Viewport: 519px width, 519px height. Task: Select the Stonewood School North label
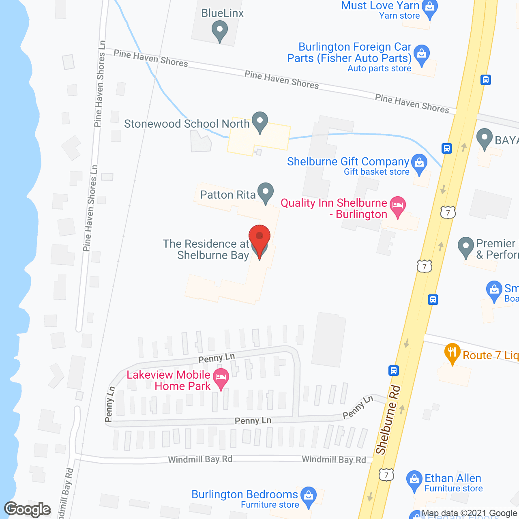coord(187,124)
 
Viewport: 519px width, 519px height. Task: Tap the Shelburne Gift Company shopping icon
coord(419,163)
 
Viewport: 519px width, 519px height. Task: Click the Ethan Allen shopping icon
coord(414,480)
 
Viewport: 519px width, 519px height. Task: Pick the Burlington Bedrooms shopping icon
coord(309,496)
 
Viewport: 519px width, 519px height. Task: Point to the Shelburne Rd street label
coord(388,420)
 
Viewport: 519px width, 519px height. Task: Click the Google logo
coord(28,509)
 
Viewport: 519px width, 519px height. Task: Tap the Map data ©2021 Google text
coord(469,513)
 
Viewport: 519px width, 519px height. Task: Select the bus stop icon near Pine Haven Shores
coord(486,80)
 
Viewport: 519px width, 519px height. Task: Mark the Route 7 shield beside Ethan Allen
coord(386,475)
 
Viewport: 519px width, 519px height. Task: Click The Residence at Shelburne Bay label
coord(206,249)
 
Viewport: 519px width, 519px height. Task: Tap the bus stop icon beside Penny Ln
coord(393,370)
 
